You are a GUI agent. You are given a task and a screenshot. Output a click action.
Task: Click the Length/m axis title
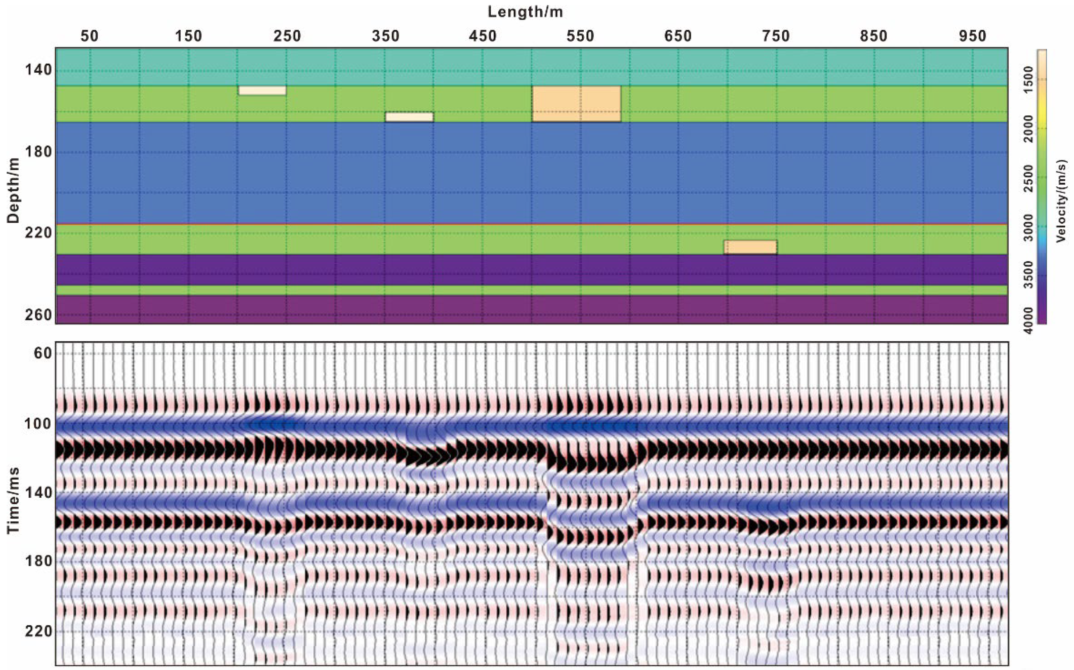[x=525, y=12]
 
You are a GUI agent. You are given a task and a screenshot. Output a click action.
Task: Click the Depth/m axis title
[x=13, y=190]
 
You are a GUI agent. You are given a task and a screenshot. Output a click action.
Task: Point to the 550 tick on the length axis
[x=580, y=36]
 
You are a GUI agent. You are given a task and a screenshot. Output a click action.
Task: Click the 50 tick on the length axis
[x=89, y=36]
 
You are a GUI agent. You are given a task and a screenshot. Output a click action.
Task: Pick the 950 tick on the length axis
[x=973, y=36]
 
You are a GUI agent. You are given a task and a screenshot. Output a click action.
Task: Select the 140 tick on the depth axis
[x=38, y=70]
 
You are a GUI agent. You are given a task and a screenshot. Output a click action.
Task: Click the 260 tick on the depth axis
[x=38, y=315]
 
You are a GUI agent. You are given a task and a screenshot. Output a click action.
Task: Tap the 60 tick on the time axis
[x=42, y=353]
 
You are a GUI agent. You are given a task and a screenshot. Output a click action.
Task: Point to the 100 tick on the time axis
[x=38, y=424]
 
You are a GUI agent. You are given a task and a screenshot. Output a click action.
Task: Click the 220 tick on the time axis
[x=38, y=631]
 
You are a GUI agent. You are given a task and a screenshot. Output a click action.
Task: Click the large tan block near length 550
[x=576, y=104]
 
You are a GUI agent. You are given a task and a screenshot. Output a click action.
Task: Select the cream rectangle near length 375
[x=409, y=116]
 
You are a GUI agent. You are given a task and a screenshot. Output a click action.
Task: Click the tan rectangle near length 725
[x=750, y=247]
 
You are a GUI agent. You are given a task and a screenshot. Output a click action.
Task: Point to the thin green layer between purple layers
[x=532, y=290]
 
